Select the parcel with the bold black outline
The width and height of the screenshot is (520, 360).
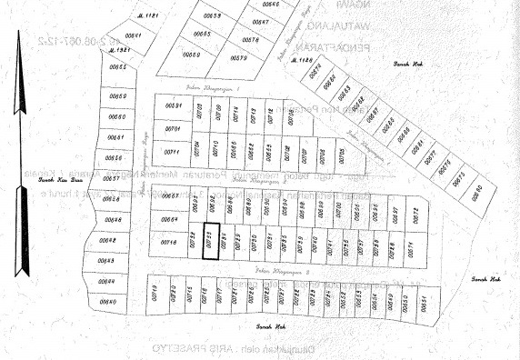(211, 241)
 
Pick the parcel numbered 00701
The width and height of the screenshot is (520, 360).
(173, 128)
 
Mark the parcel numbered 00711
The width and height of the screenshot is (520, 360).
(174, 150)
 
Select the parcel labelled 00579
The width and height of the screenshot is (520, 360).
(240, 59)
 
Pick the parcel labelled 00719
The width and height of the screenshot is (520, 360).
(155, 293)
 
